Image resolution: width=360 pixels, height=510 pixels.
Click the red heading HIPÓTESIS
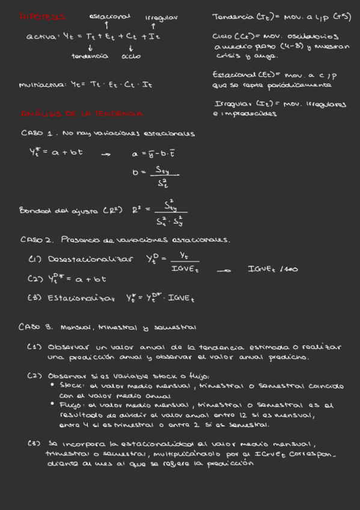(42, 17)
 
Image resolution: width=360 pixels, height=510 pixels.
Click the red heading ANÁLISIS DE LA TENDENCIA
(82, 113)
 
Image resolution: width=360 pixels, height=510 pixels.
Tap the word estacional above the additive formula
(109, 17)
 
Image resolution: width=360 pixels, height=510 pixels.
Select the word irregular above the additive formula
(161, 17)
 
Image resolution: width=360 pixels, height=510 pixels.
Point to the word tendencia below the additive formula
(90, 56)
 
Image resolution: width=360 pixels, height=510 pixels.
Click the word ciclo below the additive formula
(130, 56)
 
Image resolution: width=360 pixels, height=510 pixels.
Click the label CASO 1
(38, 133)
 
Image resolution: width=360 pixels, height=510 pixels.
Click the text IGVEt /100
(272, 269)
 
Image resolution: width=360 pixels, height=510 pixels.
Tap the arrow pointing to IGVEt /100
(224, 271)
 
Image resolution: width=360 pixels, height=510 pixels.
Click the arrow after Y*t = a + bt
(106, 155)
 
